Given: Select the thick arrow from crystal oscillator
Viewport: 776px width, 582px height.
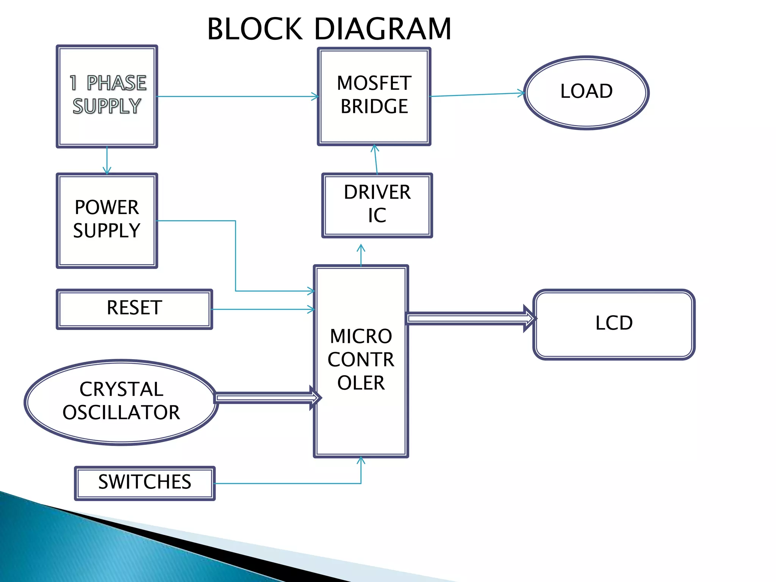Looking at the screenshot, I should click(x=265, y=398).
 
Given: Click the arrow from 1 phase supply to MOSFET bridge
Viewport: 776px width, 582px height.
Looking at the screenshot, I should click(x=237, y=97).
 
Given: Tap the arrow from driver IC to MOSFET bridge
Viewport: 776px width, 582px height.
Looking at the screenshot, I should click(x=376, y=159).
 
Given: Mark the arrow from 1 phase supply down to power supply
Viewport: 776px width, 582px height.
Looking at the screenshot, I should click(x=107, y=161).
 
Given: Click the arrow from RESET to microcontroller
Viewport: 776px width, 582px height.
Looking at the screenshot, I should click(x=261, y=310).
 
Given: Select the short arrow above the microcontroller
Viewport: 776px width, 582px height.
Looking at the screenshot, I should click(x=361, y=255).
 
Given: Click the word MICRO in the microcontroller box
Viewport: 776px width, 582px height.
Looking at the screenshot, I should click(x=361, y=336).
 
